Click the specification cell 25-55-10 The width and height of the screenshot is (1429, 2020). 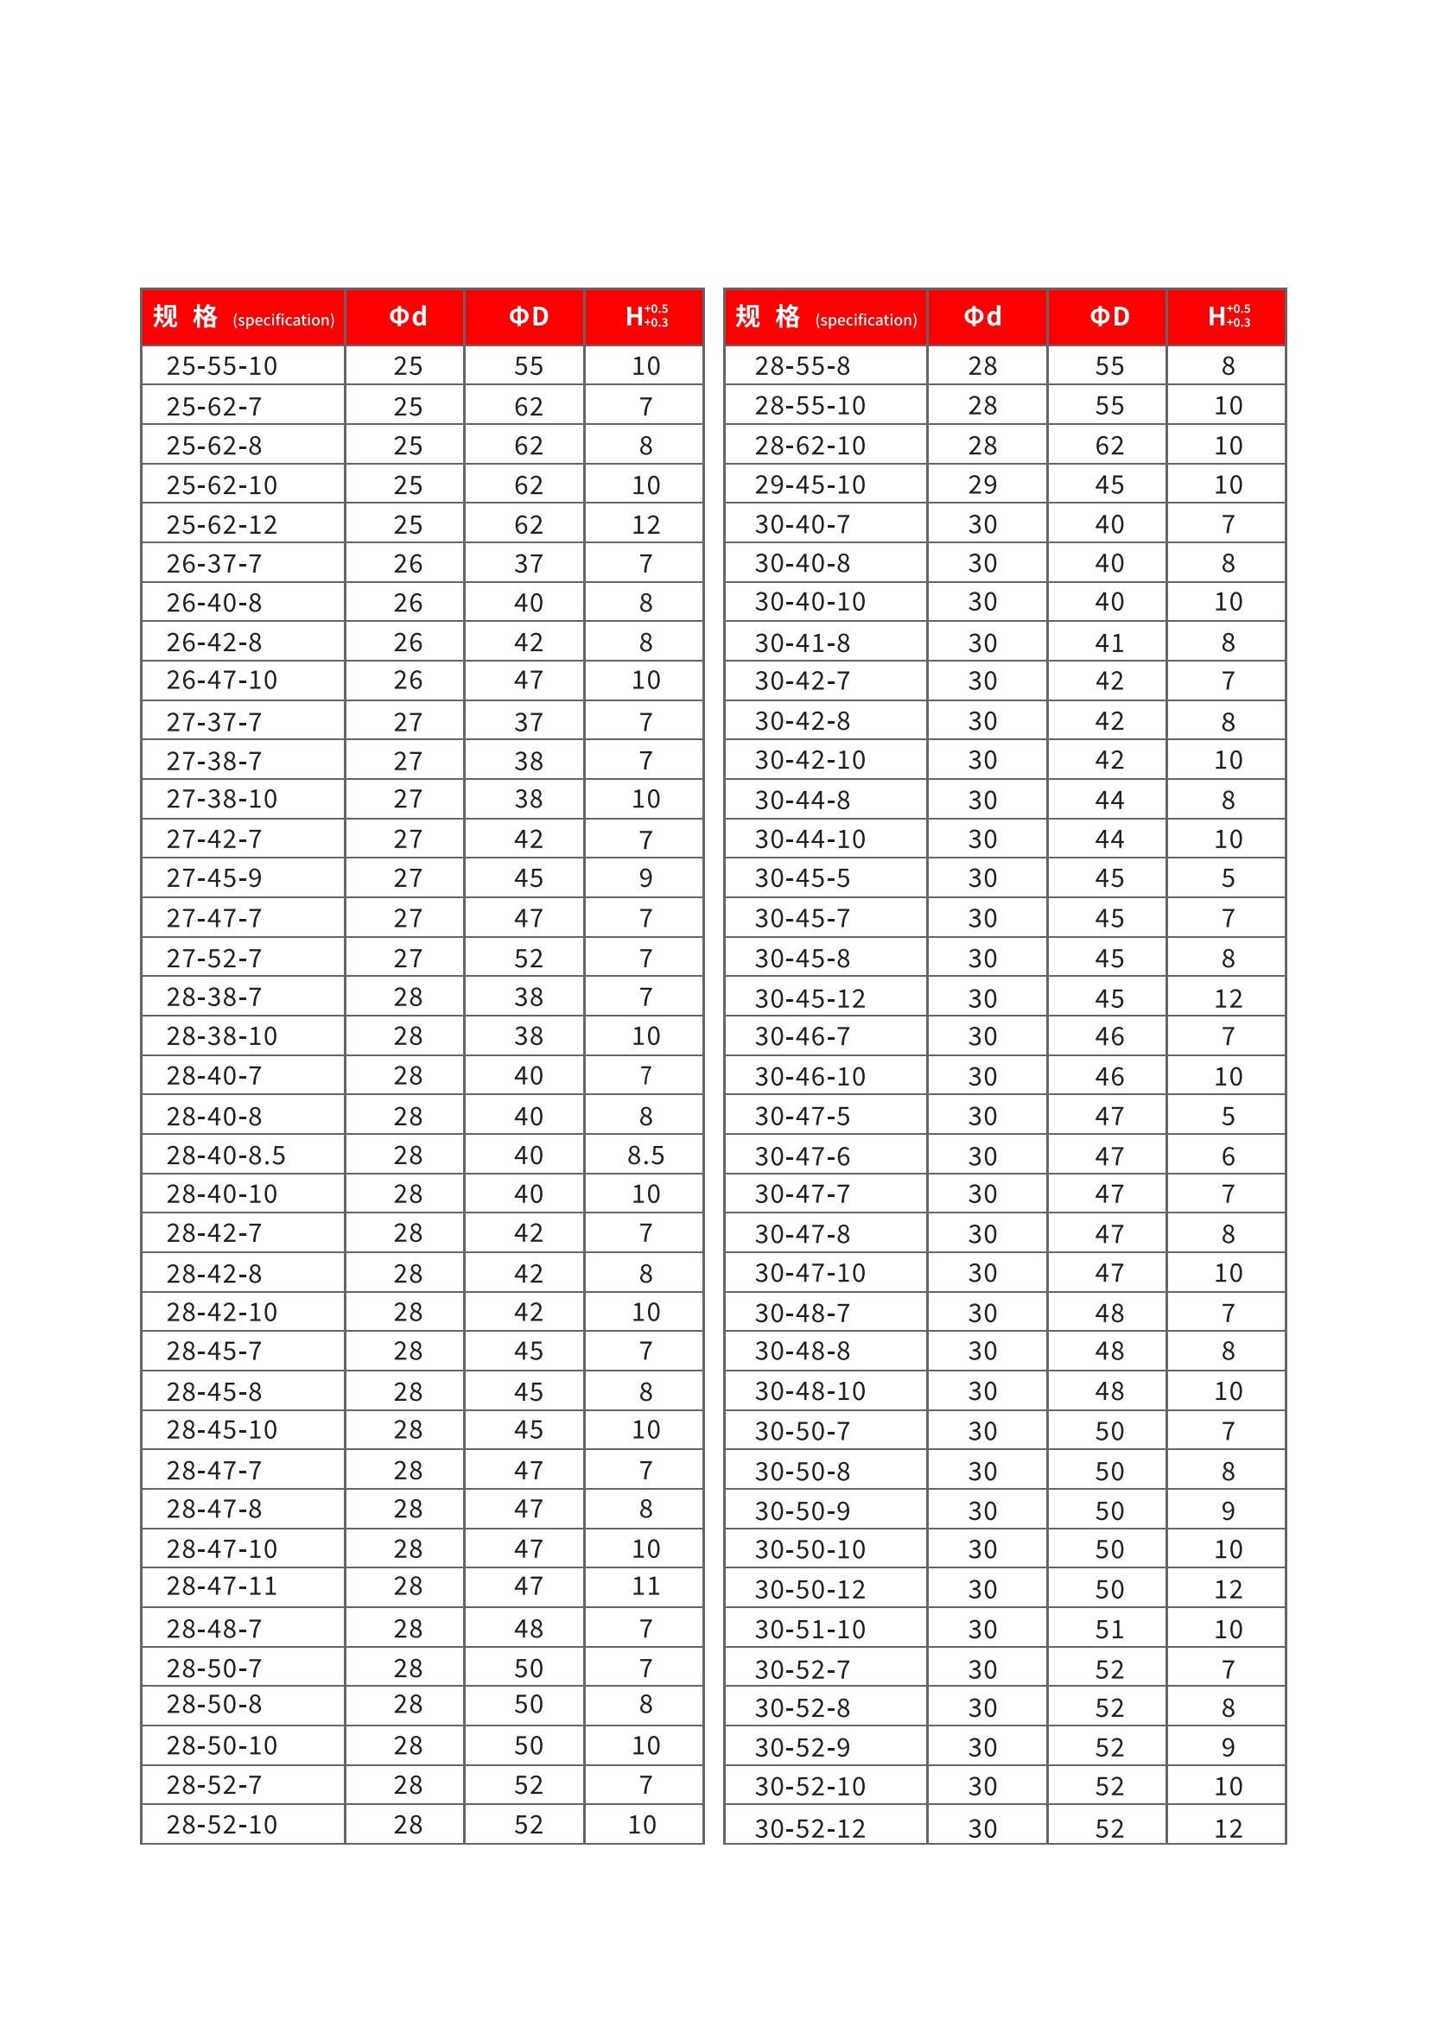(x=222, y=366)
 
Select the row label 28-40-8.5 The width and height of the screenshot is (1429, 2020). (x=226, y=1156)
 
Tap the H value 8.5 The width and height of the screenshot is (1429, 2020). (x=645, y=1156)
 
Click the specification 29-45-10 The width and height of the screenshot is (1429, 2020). (x=810, y=484)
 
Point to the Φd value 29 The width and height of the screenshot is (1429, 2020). (x=982, y=484)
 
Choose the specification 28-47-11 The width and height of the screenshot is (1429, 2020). (x=222, y=1586)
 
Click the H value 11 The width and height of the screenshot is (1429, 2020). (x=645, y=1586)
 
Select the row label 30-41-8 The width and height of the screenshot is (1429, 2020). (x=802, y=643)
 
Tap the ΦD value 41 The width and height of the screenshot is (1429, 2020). (x=1108, y=643)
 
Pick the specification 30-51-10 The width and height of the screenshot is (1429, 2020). (x=810, y=1630)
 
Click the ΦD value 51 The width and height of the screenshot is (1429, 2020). (x=1108, y=1630)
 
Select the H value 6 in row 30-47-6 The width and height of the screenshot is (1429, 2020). (x=1228, y=1156)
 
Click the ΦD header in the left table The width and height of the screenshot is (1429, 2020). (x=528, y=317)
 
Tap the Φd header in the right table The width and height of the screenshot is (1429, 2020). (x=982, y=317)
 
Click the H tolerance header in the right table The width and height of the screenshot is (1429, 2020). (x=1228, y=317)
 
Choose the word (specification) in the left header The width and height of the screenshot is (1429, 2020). (x=283, y=320)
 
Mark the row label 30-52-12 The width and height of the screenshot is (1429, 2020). (x=810, y=1829)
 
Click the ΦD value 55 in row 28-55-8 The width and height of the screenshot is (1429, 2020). (x=1108, y=366)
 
